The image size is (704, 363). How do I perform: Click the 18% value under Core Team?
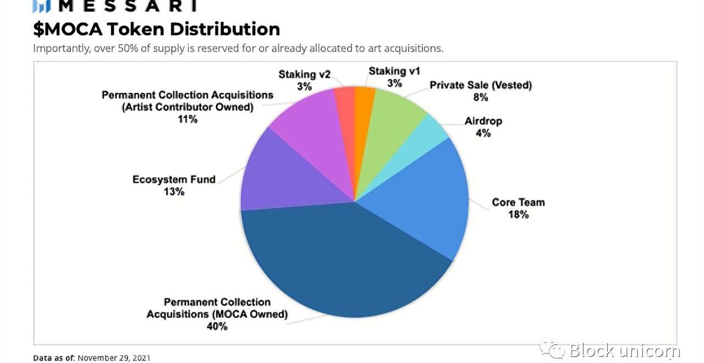coord(518,215)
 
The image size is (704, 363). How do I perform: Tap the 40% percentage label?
coord(217,326)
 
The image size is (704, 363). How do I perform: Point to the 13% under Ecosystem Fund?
coord(174,192)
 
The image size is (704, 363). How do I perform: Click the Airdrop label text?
coord(483,121)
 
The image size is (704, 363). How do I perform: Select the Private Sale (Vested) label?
coord(481,85)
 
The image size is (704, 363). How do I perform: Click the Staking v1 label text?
coord(394,71)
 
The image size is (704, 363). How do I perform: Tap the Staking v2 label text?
coord(304,74)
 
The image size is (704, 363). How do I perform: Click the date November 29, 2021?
coord(114,358)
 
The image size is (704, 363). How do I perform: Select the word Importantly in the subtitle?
coord(61,48)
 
